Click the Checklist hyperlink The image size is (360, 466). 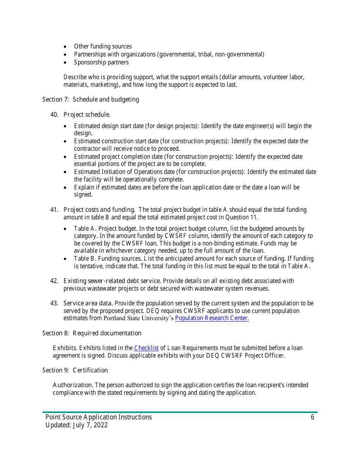[146, 348]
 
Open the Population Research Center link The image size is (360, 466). [212, 318]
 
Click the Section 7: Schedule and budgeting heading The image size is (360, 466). [91, 100]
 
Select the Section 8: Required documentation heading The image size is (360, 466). [92, 333]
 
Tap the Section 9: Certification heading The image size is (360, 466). [75, 371]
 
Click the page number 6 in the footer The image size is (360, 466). [313, 418]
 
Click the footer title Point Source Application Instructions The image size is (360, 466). [99, 418]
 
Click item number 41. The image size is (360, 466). [54, 210]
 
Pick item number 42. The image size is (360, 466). [54, 281]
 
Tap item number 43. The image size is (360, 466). [54, 303]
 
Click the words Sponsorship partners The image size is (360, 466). [101, 63]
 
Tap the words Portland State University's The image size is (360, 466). [139, 318]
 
